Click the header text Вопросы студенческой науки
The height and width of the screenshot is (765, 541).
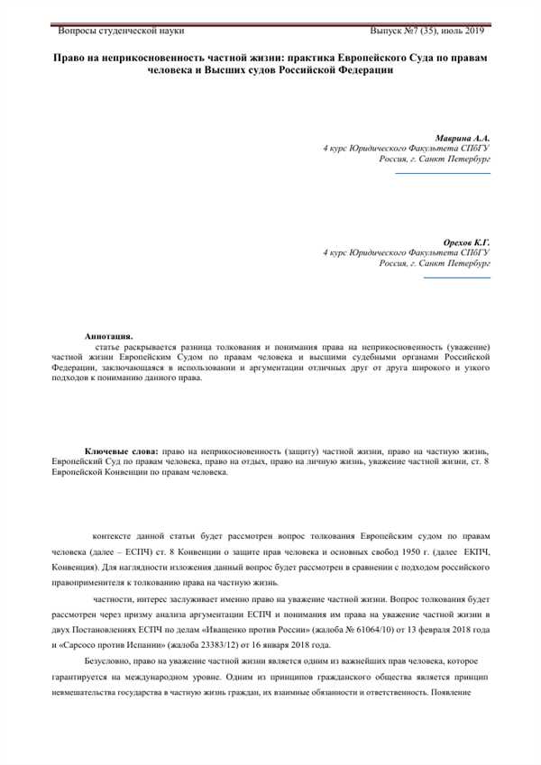coord(121,31)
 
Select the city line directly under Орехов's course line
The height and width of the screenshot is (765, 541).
coord(434,265)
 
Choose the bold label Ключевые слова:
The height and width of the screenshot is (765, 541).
coord(122,450)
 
